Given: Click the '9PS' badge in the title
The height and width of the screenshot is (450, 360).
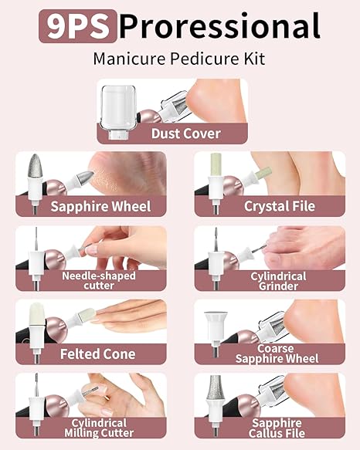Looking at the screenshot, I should [77, 26].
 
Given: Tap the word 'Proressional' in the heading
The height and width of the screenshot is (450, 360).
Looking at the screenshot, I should [219, 26].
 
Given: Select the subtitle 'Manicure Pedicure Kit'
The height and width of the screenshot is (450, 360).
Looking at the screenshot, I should [179, 59].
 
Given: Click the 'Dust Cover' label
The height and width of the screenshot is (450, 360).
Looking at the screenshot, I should [185, 134].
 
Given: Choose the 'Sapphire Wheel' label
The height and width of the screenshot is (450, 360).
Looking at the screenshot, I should [100, 206].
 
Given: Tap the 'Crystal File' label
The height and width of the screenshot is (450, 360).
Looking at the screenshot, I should [277, 206].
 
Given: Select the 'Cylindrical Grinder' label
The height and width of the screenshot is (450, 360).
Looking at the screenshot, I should [277, 280].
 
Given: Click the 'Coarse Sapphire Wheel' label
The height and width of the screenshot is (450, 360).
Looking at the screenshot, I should [277, 353].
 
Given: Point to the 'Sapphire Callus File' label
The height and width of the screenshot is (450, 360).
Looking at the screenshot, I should [277, 428].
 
